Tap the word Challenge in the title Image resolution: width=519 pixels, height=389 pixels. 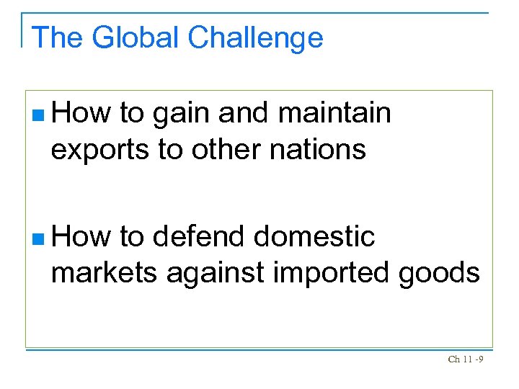coord(256,37)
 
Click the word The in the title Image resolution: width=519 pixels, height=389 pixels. coord(54,37)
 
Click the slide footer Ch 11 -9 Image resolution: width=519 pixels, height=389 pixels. coord(465,359)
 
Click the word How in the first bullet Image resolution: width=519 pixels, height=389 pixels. coord(81,113)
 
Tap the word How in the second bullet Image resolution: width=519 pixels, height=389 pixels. coord(81,236)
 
